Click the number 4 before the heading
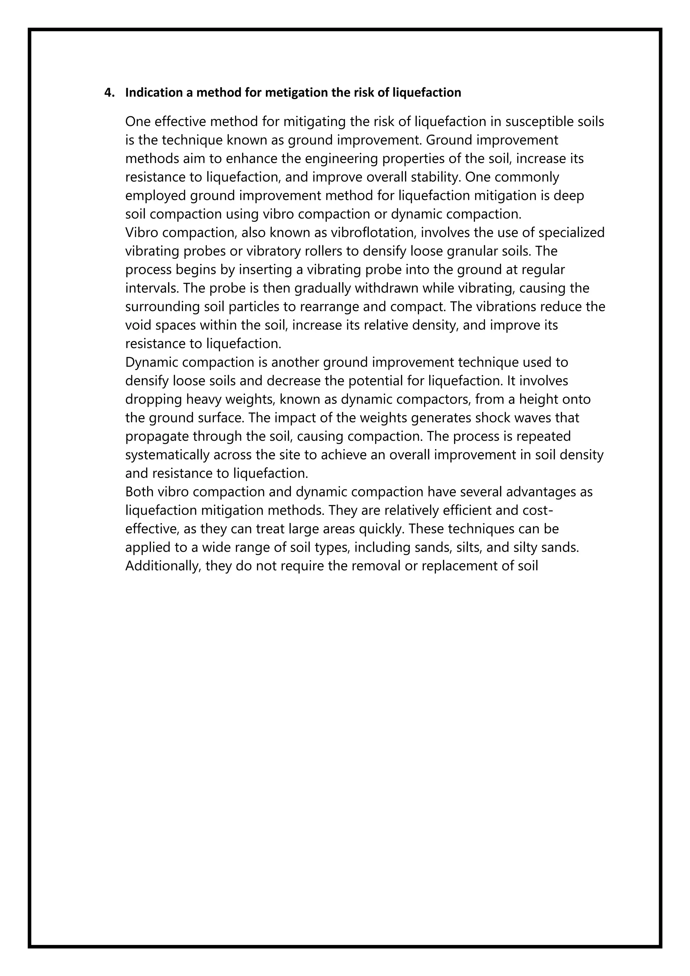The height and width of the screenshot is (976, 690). click(107, 93)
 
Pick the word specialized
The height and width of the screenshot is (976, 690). click(571, 233)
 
